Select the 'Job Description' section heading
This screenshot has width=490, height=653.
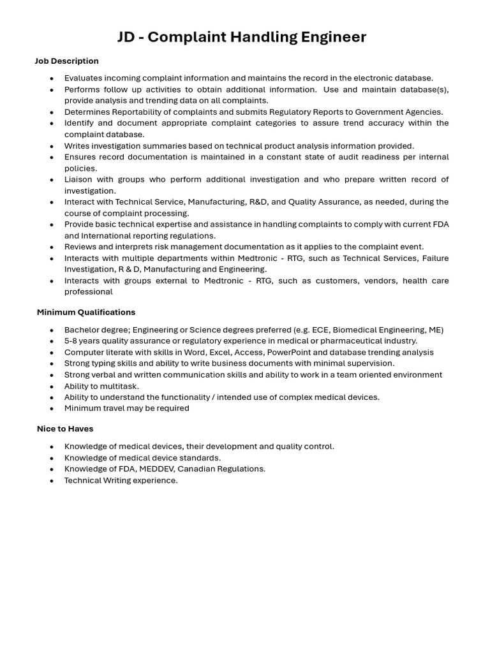pos(66,61)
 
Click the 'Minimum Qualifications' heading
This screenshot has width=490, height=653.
pos(86,312)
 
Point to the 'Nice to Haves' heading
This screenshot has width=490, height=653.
pos(65,429)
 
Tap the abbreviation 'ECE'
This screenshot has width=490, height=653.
pos(320,330)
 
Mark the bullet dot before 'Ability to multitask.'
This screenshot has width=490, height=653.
pos(52,386)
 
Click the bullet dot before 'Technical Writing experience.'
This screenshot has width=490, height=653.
pos(52,481)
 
